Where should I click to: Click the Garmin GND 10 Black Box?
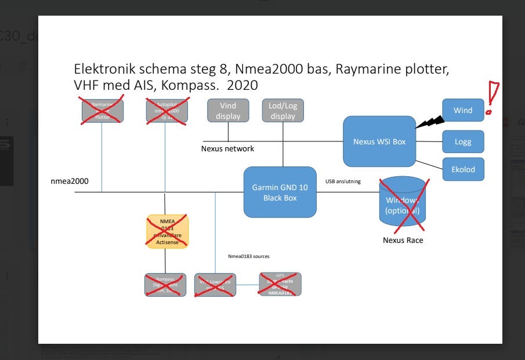pyautogui.click(x=280, y=192)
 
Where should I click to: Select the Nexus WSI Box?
pyautogui.click(x=379, y=141)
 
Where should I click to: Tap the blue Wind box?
pyautogui.click(x=462, y=110)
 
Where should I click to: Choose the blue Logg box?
pyautogui.click(x=462, y=142)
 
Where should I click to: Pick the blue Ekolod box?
pyautogui.click(x=462, y=169)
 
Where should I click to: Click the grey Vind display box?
pyautogui.click(x=228, y=110)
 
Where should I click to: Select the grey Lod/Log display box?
pyautogui.click(x=283, y=110)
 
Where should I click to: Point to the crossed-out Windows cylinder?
pyautogui.click(x=403, y=201)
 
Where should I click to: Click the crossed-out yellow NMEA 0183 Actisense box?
pyautogui.click(x=167, y=232)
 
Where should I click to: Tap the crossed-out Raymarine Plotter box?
pyautogui.click(x=102, y=110)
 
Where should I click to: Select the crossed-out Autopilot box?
pyautogui.click(x=167, y=110)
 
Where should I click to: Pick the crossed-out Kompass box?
pyautogui.click(x=165, y=285)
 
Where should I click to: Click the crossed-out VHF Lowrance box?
pyautogui.click(x=215, y=285)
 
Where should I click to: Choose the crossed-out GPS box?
pyautogui.click(x=281, y=284)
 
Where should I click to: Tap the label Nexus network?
pyautogui.click(x=227, y=148)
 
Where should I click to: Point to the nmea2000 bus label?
pyautogui.click(x=70, y=181)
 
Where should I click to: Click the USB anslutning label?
pyautogui.click(x=343, y=181)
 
